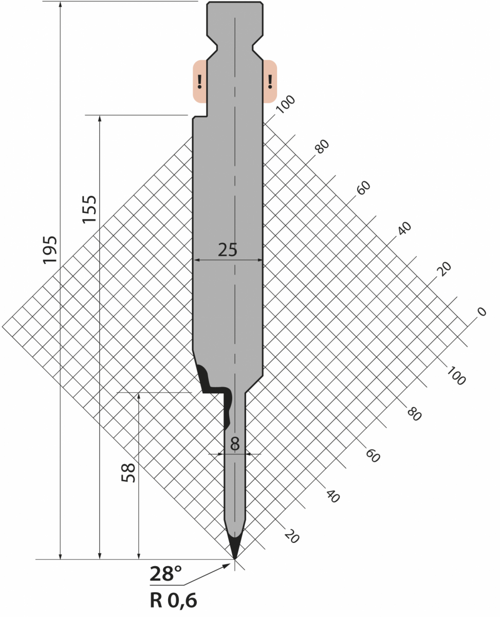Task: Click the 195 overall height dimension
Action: click(50, 250)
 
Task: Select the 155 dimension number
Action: click(89, 209)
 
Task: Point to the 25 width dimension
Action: click(228, 250)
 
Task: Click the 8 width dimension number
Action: click(235, 444)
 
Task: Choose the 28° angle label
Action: click(165, 573)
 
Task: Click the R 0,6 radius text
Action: click(173, 601)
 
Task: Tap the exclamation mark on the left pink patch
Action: click(199, 82)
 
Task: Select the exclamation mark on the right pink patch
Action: click(270, 82)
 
